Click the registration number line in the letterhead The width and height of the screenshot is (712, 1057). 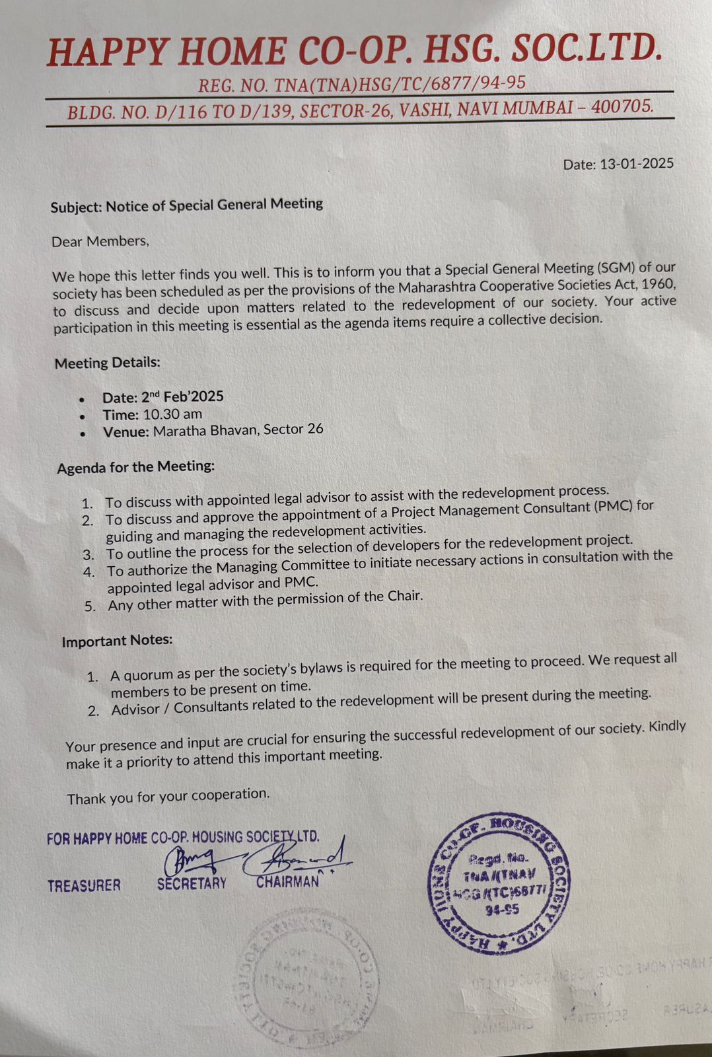point(362,84)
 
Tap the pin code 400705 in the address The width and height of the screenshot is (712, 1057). point(622,106)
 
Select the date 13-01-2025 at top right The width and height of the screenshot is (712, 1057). point(637,163)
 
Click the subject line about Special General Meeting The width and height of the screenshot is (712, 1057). point(187,205)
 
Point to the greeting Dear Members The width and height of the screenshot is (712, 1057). point(100,241)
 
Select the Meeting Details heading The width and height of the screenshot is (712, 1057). point(108,363)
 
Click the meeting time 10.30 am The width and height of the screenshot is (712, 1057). point(172,414)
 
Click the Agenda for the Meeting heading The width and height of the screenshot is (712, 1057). point(136,467)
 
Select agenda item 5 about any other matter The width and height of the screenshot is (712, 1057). point(264,601)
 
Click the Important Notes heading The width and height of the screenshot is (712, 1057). point(117,641)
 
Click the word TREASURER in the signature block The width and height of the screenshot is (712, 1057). point(84,885)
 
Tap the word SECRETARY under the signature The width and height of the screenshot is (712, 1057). point(192,883)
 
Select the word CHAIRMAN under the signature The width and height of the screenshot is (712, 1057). point(287,882)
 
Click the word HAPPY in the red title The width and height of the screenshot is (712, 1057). point(110,52)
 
